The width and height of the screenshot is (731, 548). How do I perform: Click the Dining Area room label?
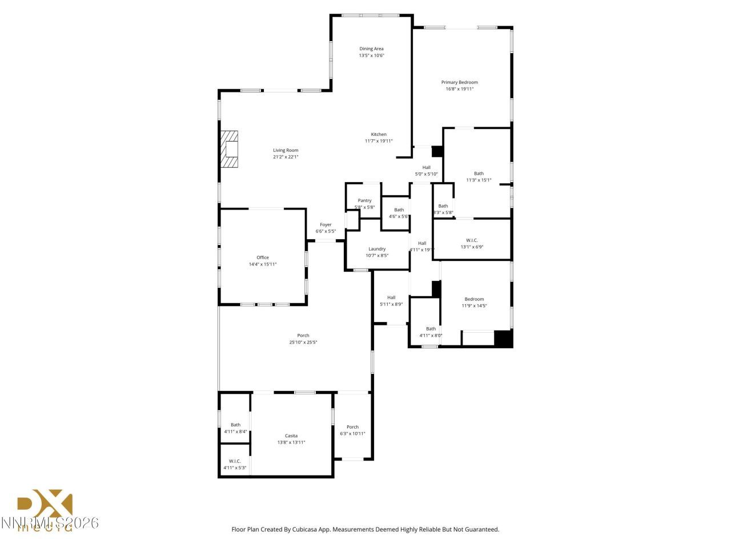tap(371, 49)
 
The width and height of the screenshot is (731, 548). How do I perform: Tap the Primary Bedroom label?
tap(459, 82)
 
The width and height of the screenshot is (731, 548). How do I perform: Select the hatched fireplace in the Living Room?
tap(230, 149)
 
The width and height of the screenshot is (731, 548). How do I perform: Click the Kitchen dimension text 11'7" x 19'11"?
tap(379, 141)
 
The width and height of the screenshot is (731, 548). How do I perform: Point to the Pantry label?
tap(364, 200)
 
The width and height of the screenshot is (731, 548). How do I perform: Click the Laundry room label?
tap(377, 249)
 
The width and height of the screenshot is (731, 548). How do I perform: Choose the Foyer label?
tap(326, 225)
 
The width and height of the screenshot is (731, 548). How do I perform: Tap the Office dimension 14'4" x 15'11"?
tap(263, 264)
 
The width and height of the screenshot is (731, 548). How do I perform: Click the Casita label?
tap(291, 436)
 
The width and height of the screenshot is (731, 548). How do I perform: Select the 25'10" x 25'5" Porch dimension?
tap(303, 342)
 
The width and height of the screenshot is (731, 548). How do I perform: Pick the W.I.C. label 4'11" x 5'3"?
tap(235, 461)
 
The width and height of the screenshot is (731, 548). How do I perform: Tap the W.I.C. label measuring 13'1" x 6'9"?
tap(472, 240)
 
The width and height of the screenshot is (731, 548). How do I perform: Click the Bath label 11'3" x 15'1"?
tap(479, 174)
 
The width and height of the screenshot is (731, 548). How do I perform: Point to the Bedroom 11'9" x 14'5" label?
tap(474, 299)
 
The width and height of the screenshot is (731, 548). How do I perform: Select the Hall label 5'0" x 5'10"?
tap(426, 167)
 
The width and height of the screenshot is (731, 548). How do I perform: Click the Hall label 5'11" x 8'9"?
tap(391, 297)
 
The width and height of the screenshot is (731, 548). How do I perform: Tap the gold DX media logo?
tap(46, 508)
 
